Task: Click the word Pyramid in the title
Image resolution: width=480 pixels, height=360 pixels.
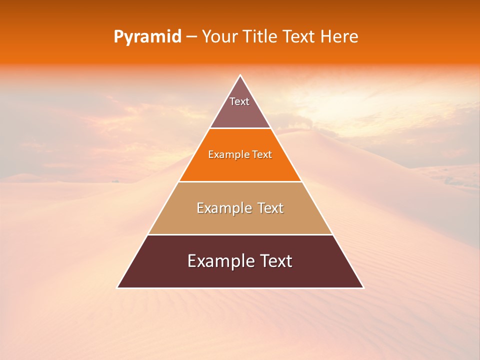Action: tap(147, 37)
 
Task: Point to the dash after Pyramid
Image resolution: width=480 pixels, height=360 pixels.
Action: tap(191, 37)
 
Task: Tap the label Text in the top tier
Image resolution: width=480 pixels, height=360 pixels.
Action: tap(239, 101)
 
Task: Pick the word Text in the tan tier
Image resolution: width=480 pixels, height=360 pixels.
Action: tap(270, 208)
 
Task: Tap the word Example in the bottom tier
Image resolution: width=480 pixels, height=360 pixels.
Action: tap(219, 261)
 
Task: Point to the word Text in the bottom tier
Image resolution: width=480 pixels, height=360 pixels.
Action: tap(275, 261)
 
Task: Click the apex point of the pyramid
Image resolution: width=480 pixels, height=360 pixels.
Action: tap(240, 75)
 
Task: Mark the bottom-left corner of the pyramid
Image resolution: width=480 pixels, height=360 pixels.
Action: tap(117, 287)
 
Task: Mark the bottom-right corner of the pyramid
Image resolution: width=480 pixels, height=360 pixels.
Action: tap(363, 287)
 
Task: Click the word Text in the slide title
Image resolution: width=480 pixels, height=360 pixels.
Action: tap(299, 37)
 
